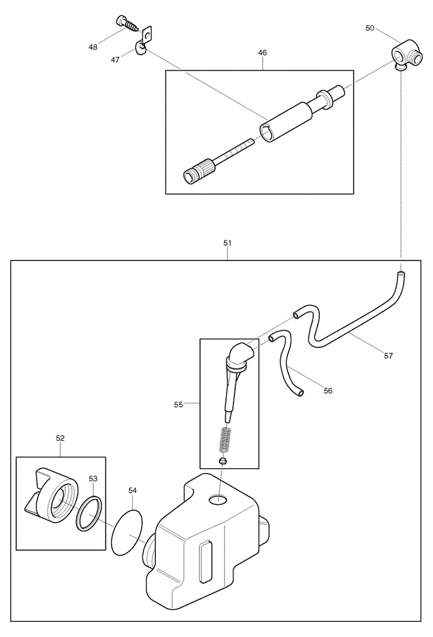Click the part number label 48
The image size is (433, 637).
click(93, 47)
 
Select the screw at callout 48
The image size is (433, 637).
click(127, 23)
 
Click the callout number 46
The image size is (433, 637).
click(263, 52)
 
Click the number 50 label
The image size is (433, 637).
click(370, 28)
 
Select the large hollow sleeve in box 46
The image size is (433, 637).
click(286, 121)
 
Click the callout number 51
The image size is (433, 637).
click(227, 243)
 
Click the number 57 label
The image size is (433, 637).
click(388, 356)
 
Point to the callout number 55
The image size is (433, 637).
click(178, 405)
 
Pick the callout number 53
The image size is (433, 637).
click(93, 478)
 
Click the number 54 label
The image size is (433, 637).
click(133, 490)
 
